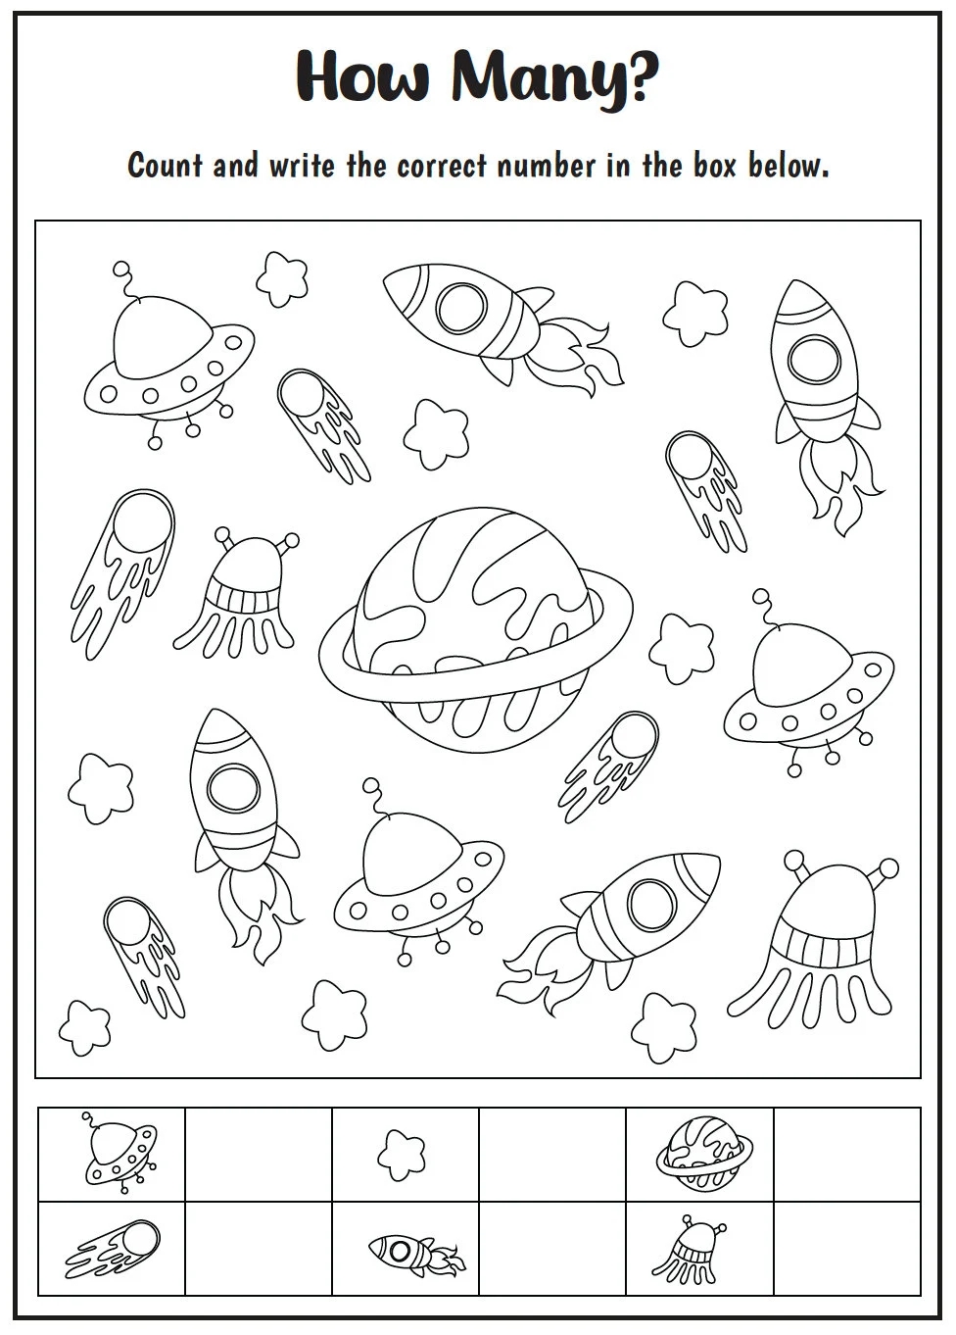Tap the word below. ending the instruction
[789, 166]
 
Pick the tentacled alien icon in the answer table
[698, 1248]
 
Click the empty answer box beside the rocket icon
[552, 1248]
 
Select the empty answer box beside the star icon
[552, 1154]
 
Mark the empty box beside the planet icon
[846, 1154]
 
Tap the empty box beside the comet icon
[259, 1248]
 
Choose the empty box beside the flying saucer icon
[259, 1154]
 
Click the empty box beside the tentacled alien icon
[846, 1248]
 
